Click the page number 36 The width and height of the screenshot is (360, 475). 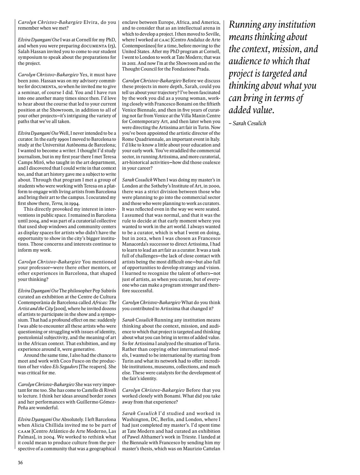coord(20,463)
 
